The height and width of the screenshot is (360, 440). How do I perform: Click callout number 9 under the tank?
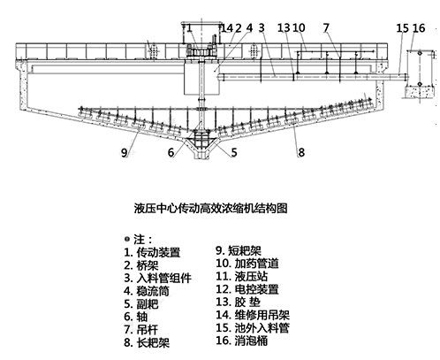coord(124,153)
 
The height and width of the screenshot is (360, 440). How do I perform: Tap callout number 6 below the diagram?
coord(171,152)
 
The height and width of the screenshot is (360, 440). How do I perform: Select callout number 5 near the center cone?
coord(234,152)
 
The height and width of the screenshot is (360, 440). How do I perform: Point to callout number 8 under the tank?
coord(301,152)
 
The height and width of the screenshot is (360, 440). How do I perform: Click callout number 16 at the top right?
coord(419,28)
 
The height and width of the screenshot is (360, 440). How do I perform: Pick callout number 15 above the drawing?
coord(402,28)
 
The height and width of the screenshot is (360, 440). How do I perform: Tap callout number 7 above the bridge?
coord(326,27)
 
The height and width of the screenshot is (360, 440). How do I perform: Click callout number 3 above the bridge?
coord(262,27)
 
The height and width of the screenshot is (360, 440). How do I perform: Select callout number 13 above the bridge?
coord(284,27)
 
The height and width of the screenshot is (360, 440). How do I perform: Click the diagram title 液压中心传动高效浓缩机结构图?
coord(210,208)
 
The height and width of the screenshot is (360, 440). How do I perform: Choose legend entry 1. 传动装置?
coord(152,252)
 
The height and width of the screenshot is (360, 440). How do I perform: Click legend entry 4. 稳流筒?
coord(147,291)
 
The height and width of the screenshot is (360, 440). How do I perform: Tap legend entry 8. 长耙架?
coord(147,342)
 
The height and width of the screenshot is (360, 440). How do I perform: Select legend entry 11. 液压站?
coord(242,277)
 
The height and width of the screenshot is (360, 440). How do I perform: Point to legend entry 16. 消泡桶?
coord(242,341)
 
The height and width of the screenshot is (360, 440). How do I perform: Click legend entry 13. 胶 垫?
coord(238,303)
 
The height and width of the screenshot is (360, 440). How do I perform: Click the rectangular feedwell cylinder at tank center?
coord(201,78)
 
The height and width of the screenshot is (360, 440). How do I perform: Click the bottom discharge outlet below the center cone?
coord(201,156)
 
